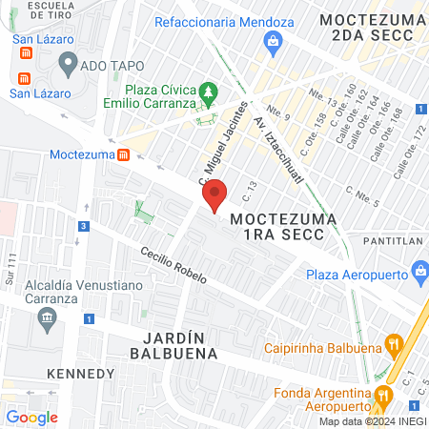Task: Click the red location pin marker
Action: pyautogui.click(x=214, y=194)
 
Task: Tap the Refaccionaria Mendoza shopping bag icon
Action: pyautogui.click(x=273, y=40)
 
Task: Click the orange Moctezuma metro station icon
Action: pyautogui.click(x=123, y=154)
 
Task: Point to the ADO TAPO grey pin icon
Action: pyautogui.click(x=68, y=64)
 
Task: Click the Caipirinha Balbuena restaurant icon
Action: pyautogui.click(x=392, y=345)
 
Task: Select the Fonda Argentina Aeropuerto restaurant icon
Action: pyautogui.click(x=383, y=395)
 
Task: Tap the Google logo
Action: pyautogui.click(x=31, y=417)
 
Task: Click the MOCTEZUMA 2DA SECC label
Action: pyautogui.click(x=367, y=27)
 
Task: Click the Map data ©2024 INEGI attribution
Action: pyautogui.click(x=373, y=420)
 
